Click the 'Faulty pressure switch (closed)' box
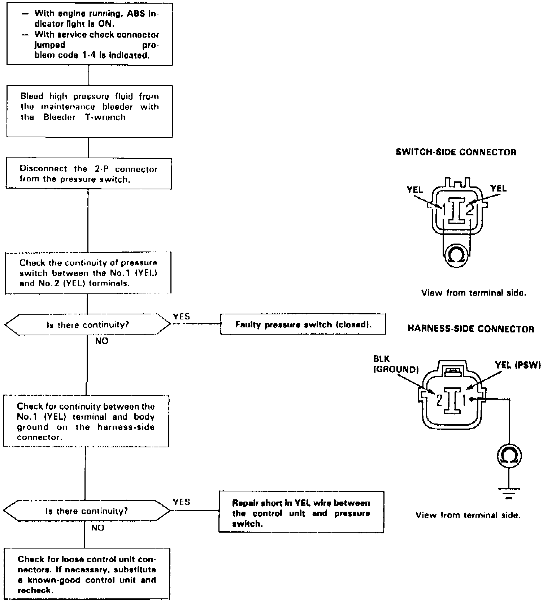pos(303,324)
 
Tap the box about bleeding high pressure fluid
pos(89,111)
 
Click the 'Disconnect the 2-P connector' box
pos(88,174)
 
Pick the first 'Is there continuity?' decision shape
pos(87,324)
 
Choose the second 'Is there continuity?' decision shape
pos(86,511)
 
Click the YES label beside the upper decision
pos(181,317)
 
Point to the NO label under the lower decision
pos(97,528)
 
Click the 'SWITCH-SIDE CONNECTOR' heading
pos(456,152)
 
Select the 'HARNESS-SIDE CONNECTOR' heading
pos(470,329)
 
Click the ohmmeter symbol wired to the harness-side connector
pos(509,456)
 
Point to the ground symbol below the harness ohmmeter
pos(509,493)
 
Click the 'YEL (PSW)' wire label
pos(518,365)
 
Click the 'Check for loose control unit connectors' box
pos(87,575)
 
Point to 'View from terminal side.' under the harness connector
pos(468,515)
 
